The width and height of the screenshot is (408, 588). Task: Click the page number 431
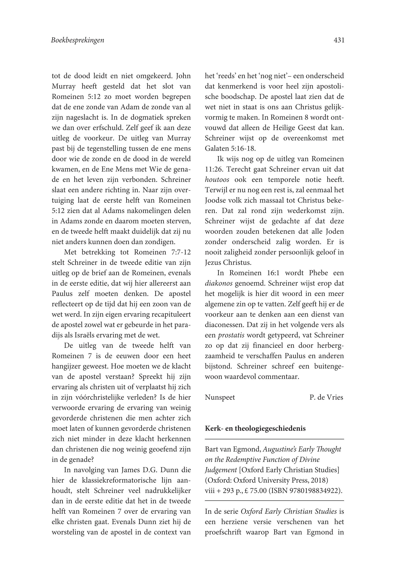[x=339, y=40]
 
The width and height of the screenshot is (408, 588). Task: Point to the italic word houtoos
[x=217, y=180]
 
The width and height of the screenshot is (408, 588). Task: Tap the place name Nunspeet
[x=220, y=397]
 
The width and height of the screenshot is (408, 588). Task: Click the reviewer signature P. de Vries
[x=326, y=397]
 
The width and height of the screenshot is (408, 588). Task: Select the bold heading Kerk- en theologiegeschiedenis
[x=255, y=429]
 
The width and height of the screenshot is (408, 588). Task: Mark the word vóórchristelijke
[x=92, y=397]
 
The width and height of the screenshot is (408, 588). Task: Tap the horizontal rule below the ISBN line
[x=274, y=501]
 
